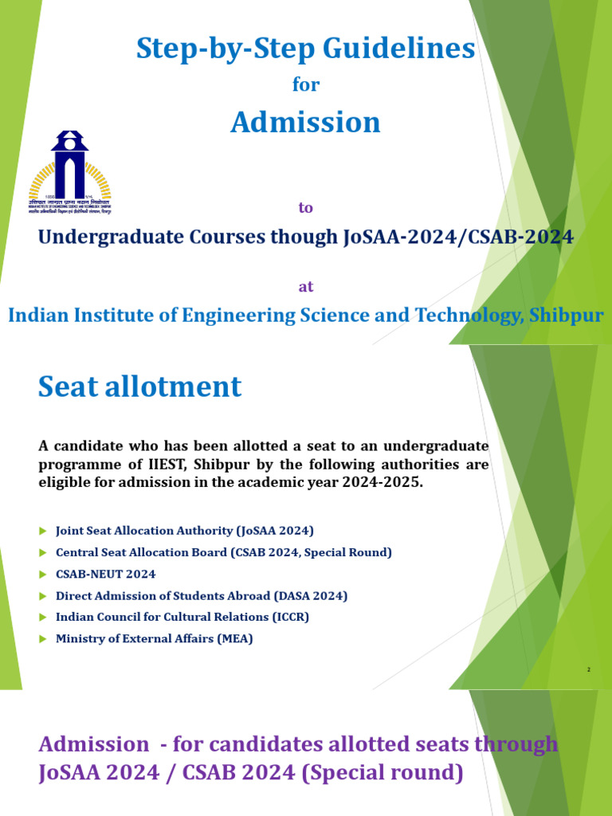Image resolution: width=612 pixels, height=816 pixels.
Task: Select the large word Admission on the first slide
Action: click(x=305, y=122)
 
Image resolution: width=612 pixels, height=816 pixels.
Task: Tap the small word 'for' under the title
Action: click(x=305, y=85)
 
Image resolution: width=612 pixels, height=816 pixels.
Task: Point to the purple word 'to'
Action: click(x=305, y=208)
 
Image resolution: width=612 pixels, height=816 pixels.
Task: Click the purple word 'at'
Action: click(x=305, y=287)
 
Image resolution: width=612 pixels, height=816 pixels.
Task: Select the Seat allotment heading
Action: click(x=139, y=387)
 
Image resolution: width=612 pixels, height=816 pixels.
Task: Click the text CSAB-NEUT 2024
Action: click(x=106, y=574)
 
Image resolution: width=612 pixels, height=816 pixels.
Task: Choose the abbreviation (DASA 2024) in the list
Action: click(x=310, y=595)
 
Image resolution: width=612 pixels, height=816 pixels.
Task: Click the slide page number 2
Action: click(x=588, y=670)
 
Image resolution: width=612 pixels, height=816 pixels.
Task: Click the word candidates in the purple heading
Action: click(x=254, y=744)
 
